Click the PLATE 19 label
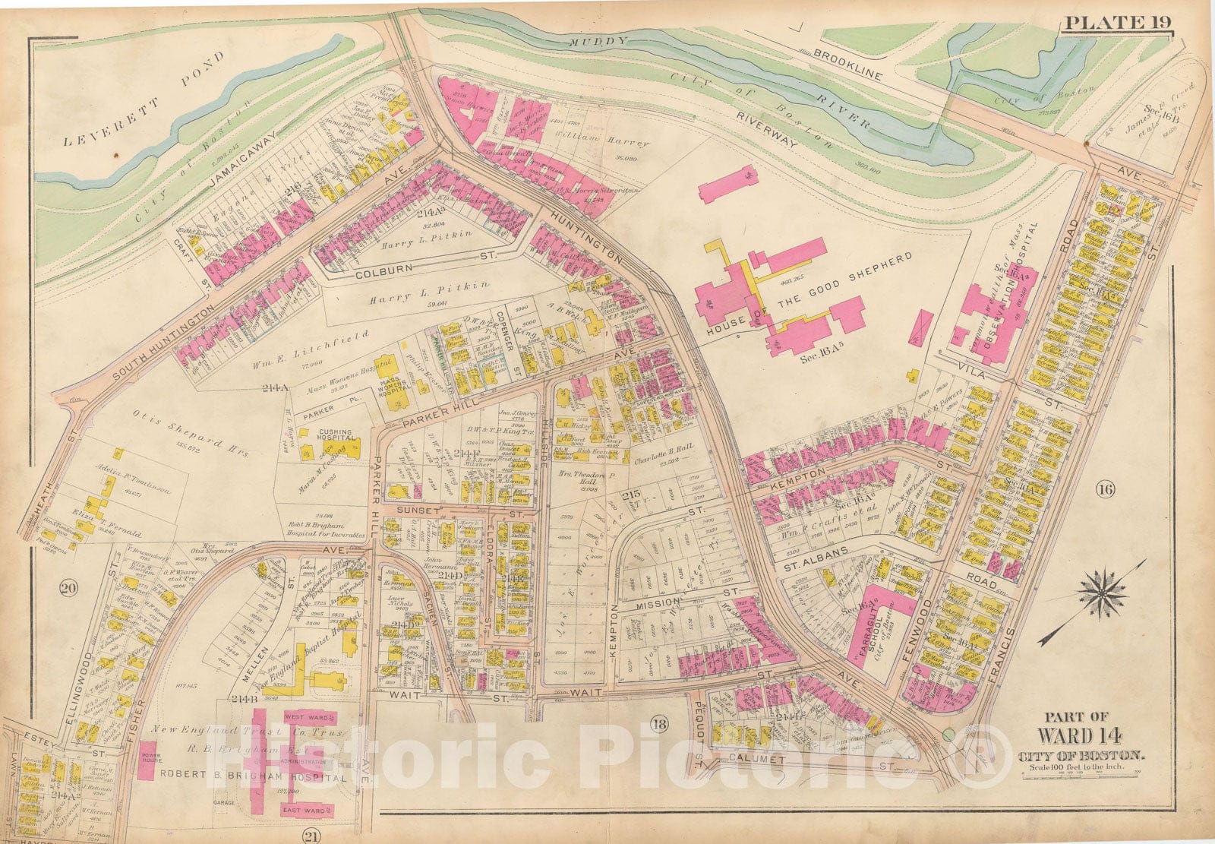coord(1117,22)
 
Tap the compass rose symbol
coord(1099,594)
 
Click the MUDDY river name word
coord(600,42)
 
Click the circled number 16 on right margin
coord(1104,489)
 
